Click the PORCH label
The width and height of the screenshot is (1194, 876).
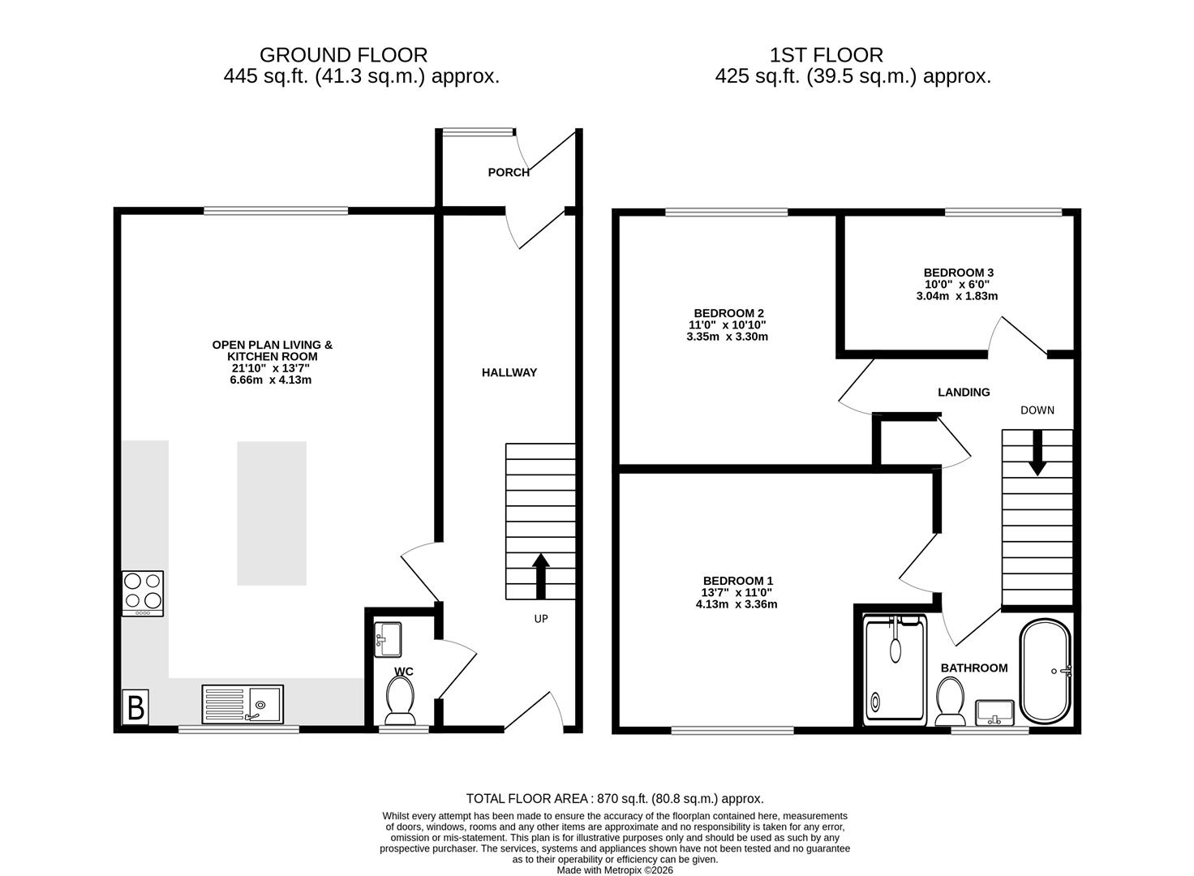(509, 172)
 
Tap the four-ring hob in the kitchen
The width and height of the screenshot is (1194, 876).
(143, 593)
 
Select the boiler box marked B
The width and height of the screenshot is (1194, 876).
(135, 707)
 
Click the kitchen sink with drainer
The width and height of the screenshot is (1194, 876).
(243, 704)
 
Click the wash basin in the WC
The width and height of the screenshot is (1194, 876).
(388, 639)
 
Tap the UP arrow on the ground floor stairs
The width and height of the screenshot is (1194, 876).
(541, 575)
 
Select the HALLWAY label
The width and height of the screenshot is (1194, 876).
(509, 373)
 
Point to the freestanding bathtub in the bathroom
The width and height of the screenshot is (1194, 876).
(1046, 672)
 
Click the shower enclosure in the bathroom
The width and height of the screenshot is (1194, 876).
(895, 670)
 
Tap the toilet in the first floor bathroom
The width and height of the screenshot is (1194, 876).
(950, 702)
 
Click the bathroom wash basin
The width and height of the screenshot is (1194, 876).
(995, 712)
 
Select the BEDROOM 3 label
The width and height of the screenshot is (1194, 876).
(958, 273)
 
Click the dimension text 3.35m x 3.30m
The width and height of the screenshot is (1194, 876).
(727, 337)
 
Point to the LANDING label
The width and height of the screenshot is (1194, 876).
(964, 393)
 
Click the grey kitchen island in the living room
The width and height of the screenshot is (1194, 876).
(272, 513)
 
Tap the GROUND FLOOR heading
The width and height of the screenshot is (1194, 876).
(343, 55)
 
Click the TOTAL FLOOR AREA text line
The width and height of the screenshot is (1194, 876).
(615, 799)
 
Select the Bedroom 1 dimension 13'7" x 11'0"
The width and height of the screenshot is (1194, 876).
(737, 593)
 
